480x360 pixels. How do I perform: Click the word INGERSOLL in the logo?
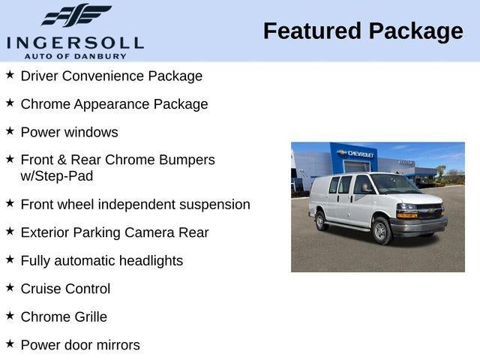point(74,42)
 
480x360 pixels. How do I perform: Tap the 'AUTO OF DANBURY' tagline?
point(74,55)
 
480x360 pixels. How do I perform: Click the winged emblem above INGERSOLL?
point(76,16)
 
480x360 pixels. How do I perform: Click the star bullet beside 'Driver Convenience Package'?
point(10,75)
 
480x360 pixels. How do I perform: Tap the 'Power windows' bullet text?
point(69,132)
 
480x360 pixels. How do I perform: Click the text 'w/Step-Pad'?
point(57,176)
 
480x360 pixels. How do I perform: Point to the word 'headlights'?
point(148,261)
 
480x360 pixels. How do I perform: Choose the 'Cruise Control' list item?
point(65,289)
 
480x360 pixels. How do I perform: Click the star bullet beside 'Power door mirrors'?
point(10,343)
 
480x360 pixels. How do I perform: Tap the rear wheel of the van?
point(321,220)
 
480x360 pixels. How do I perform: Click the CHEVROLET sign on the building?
point(361,153)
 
